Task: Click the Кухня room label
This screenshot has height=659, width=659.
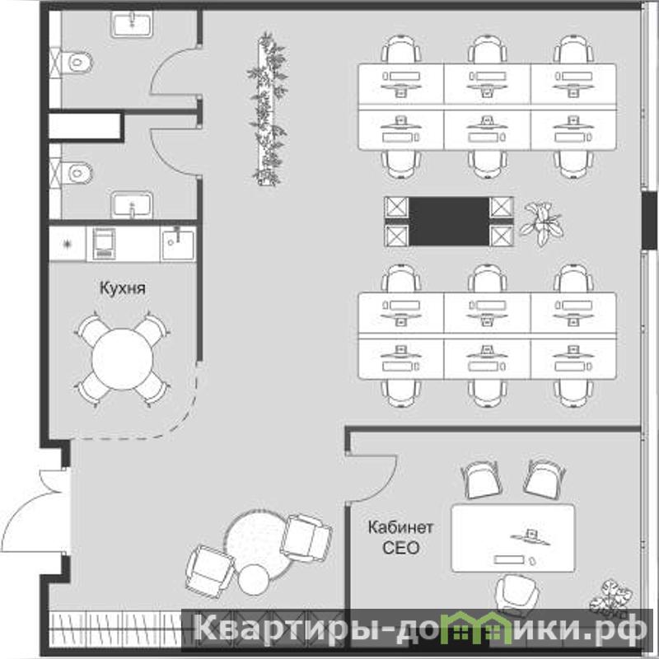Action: (122, 288)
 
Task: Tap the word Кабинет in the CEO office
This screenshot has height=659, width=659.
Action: (400, 527)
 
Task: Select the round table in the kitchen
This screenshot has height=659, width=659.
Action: (122, 359)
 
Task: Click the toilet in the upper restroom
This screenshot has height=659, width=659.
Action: (77, 63)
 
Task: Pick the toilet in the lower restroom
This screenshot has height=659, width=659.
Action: (77, 173)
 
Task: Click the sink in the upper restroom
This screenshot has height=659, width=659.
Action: (132, 25)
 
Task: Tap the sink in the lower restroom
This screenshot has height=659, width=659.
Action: (132, 204)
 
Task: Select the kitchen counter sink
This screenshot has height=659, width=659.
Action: (178, 244)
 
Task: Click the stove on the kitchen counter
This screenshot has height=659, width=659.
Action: (104, 244)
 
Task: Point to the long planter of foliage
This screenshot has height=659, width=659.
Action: (269, 110)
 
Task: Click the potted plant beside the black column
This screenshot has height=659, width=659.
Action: (541, 222)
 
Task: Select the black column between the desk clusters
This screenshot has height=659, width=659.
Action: (449, 222)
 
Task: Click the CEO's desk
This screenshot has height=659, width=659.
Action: (512, 538)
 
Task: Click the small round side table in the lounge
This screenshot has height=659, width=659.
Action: (254, 580)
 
